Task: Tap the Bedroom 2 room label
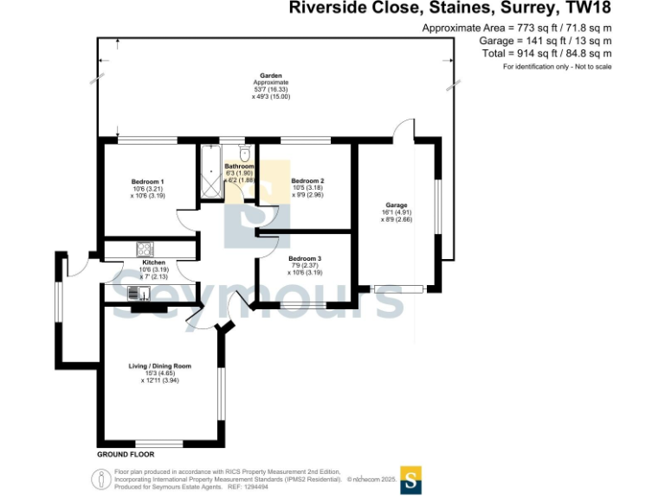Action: [x=307, y=180]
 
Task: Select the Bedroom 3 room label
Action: [x=305, y=258]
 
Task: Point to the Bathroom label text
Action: [x=239, y=165]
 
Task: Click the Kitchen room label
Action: [x=153, y=262]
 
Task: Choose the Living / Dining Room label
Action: [x=159, y=366]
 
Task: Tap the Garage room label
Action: [x=397, y=205]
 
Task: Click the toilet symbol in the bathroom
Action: [x=245, y=153]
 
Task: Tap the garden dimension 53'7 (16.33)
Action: [x=270, y=89]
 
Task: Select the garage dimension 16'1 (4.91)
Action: [x=397, y=213]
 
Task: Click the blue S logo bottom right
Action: [x=410, y=480]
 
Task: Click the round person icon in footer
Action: [x=100, y=478]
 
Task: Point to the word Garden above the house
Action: [x=270, y=75]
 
